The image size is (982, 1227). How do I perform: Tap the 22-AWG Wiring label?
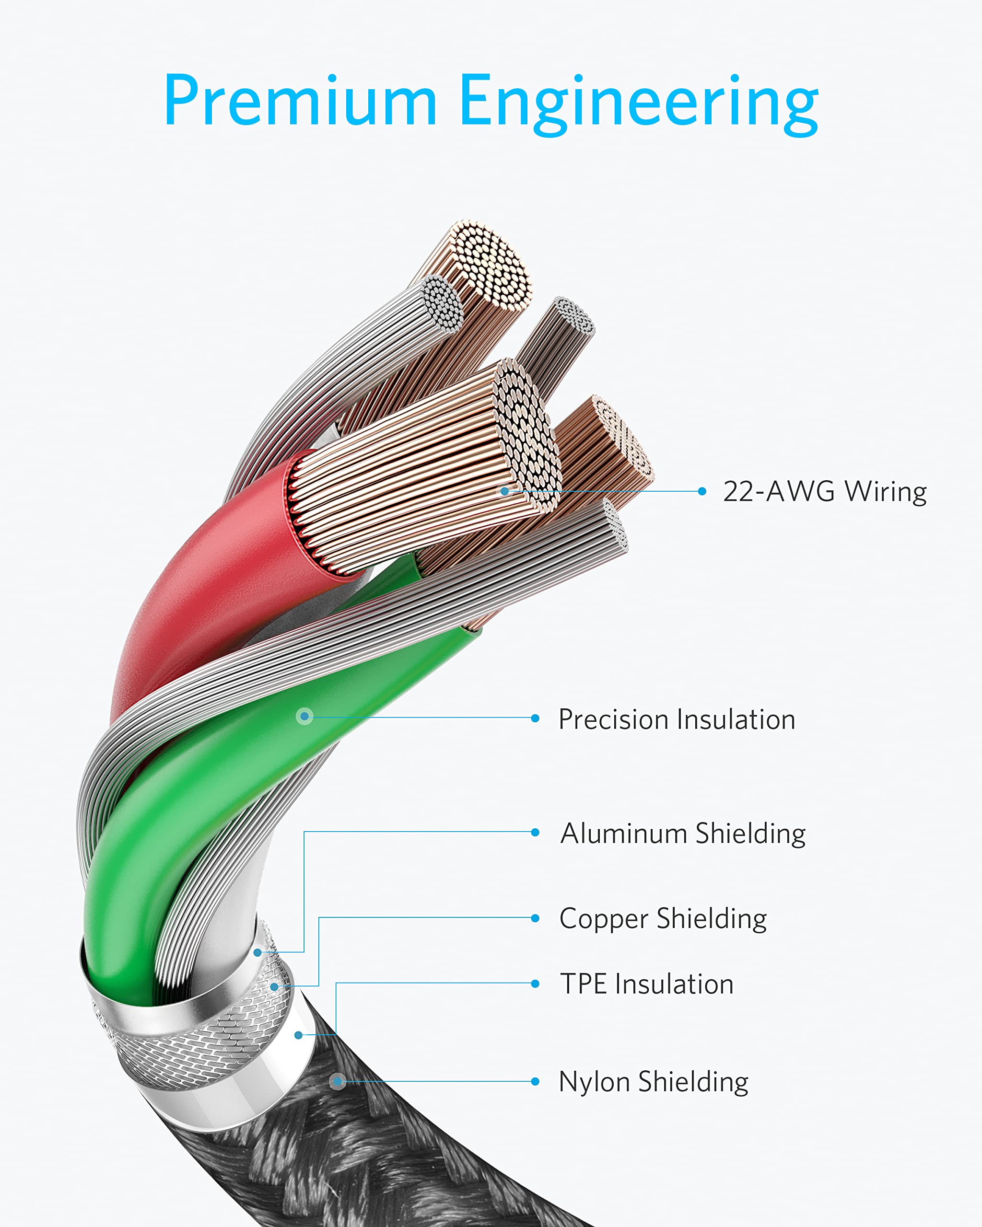tap(824, 492)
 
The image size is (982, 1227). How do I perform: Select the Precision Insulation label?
tap(677, 719)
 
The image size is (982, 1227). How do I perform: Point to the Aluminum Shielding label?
tap(683, 834)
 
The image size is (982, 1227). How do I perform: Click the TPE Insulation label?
tap(647, 984)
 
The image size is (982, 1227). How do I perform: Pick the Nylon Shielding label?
tap(654, 1082)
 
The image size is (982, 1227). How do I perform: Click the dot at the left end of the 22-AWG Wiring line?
tap(504, 491)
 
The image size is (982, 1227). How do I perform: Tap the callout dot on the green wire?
tap(305, 716)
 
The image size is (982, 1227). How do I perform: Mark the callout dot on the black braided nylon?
tap(338, 1081)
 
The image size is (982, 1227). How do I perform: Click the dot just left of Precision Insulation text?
tap(535, 718)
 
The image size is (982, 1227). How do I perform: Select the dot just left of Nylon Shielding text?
tap(535, 1081)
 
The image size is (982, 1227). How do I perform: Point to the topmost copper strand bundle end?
tap(491, 265)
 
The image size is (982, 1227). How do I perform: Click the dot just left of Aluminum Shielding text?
tap(535, 833)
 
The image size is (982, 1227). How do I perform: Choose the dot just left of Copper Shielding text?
tap(535, 918)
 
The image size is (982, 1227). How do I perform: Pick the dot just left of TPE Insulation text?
tap(535, 984)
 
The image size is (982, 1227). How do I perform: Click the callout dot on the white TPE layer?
tap(298, 1035)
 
